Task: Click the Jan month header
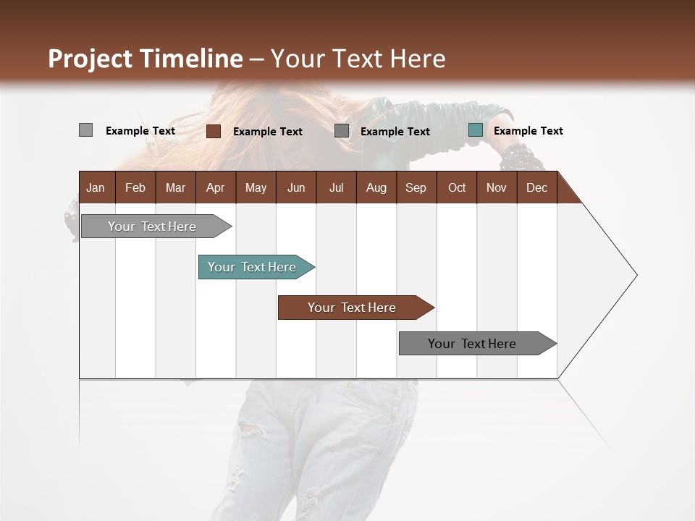[x=96, y=187]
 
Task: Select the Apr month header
[x=215, y=187]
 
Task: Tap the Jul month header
[x=336, y=187]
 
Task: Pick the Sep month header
[x=416, y=187]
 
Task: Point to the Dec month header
[x=536, y=187]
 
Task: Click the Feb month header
[x=135, y=187]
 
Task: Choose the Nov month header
[x=496, y=187]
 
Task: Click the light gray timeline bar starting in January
[x=152, y=226]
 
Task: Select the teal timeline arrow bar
[x=252, y=267]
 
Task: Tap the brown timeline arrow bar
[x=352, y=308]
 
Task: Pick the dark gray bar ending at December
[x=472, y=344]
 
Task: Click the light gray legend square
[x=85, y=130]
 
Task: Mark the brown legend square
[x=213, y=131]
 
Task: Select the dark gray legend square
[x=342, y=131]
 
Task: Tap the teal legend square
[x=476, y=130]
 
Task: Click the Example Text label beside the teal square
[x=528, y=131]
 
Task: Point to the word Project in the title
[x=91, y=59]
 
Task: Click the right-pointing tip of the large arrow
[x=634, y=275]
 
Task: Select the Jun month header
[x=296, y=187]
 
